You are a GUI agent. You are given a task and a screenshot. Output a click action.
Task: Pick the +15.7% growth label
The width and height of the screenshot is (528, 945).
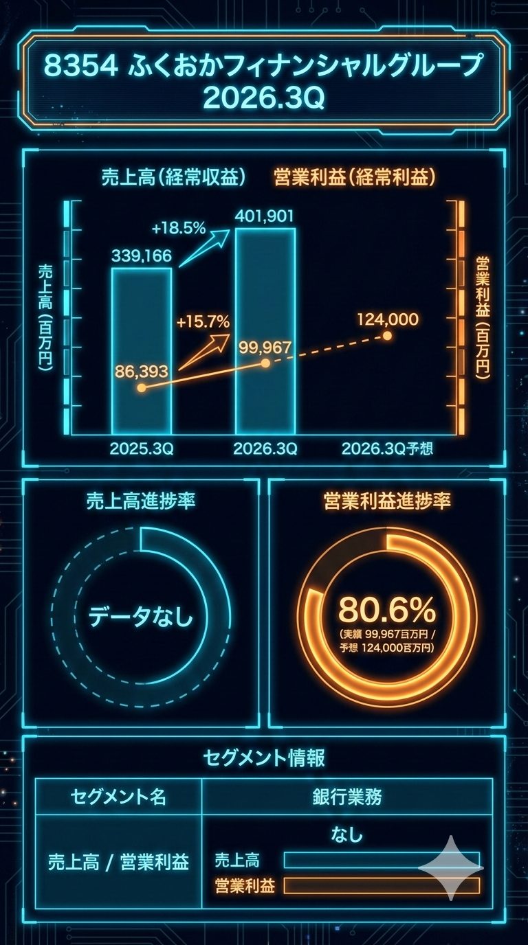point(203,321)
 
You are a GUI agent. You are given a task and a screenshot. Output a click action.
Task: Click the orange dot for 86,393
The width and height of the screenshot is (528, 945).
point(142,387)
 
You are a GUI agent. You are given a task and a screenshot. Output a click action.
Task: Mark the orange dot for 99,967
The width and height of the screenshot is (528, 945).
point(265,363)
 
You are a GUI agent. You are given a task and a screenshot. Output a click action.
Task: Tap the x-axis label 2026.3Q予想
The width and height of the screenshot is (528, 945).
point(388,449)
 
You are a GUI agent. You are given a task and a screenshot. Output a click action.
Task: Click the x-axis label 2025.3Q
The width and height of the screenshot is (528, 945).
point(142,449)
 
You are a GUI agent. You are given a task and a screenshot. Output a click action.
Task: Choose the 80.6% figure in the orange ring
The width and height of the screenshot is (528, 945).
point(387,608)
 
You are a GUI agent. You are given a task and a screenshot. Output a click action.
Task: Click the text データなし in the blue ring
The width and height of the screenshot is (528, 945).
point(141,617)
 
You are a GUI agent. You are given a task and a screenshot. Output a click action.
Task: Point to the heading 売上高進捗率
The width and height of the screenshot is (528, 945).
point(141,501)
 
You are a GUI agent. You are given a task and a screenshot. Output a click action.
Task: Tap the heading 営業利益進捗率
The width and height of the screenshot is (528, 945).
point(387,501)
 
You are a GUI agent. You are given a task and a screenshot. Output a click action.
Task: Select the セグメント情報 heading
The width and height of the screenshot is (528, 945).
point(264,758)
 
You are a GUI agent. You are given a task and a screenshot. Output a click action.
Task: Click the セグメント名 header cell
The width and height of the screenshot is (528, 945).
point(118,797)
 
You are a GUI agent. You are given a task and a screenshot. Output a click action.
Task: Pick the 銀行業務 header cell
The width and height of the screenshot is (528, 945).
point(347,797)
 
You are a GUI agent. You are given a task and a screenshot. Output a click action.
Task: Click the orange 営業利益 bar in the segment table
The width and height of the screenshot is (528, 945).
point(382,885)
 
